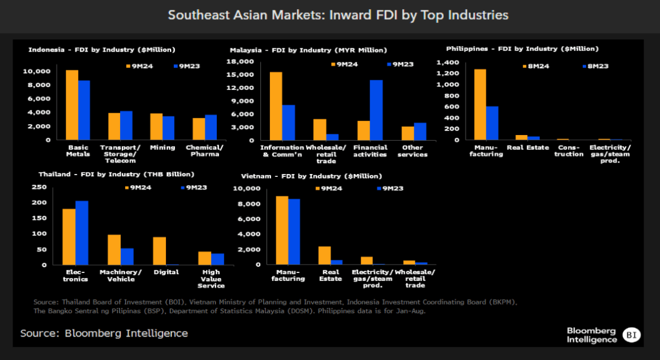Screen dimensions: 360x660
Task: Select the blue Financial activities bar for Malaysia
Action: (x=376, y=110)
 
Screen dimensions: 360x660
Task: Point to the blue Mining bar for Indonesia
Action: (x=169, y=128)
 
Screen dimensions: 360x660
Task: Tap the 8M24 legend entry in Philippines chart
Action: (x=535, y=66)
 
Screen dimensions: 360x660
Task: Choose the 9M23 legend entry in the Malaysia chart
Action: (x=400, y=64)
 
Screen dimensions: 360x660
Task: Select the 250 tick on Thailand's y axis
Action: (x=40, y=187)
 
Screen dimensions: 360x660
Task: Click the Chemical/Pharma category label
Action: (x=204, y=151)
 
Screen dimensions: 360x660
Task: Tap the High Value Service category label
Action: (x=212, y=279)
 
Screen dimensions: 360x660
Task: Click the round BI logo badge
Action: (x=631, y=335)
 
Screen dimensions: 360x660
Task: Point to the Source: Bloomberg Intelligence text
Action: (x=104, y=333)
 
